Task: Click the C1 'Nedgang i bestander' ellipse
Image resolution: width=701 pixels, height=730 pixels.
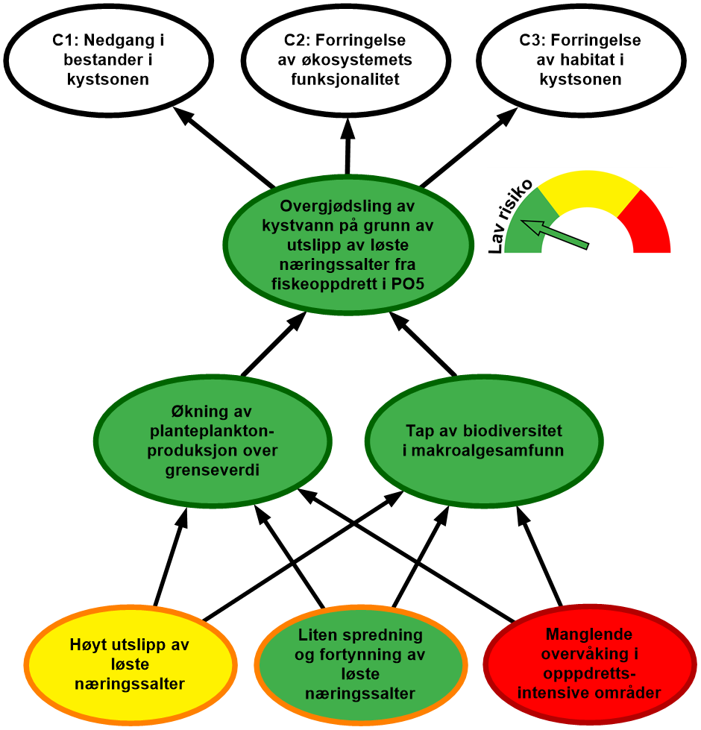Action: coord(107,60)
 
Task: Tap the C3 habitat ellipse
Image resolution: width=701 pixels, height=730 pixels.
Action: coord(580,60)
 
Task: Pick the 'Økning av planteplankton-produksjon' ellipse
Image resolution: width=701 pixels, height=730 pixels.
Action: coord(214,441)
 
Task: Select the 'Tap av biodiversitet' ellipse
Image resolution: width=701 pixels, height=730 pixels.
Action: coord(484,441)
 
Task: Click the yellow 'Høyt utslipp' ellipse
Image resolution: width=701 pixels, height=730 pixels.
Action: coord(130,664)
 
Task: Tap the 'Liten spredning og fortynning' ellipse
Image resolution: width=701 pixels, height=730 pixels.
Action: coord(360,664)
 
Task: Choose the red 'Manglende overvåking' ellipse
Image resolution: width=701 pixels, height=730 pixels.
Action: coord(589,664)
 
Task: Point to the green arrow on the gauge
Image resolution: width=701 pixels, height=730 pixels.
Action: coord(556,233)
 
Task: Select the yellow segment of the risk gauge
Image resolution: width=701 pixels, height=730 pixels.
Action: coord(588,190)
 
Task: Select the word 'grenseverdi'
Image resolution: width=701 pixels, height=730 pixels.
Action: coord(213,471)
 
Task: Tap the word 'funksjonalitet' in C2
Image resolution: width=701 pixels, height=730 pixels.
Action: coord(345,79)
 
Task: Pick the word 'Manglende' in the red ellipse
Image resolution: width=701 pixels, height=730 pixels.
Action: coord(589,635)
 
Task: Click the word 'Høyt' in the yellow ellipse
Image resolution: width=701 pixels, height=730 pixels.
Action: coord(88,645)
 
